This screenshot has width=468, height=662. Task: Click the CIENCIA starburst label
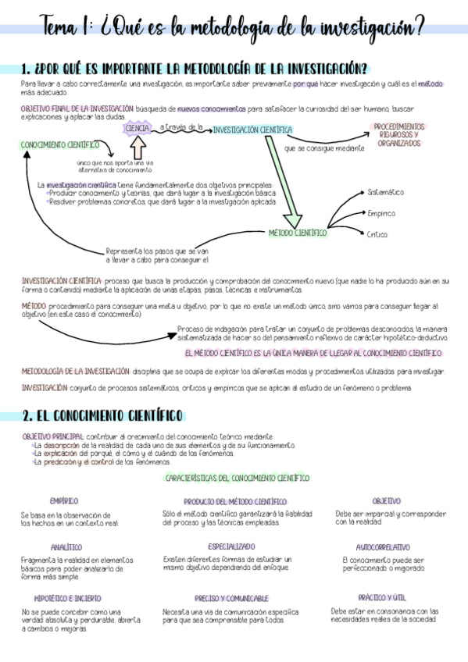coord(138,128)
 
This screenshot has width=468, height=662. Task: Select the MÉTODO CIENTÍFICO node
coord(298,233)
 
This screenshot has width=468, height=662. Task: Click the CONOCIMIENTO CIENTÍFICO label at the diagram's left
coord(60,144)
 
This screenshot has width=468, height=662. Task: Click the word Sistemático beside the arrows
coord(386,192)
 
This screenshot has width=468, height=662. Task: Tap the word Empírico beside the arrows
coord(380,213)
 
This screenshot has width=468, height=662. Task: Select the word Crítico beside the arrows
coord(377,234)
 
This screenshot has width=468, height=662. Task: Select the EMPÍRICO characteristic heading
coord(64,500)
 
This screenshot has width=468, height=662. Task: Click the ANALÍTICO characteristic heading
coord(66,547)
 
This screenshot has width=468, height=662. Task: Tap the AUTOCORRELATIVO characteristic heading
coord(383,547)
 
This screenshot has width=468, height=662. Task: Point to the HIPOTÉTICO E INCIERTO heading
coord(67,598)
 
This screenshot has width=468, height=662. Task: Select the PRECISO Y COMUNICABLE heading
coord(231,598)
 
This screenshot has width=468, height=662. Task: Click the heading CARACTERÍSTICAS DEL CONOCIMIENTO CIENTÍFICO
coord(238,477)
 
